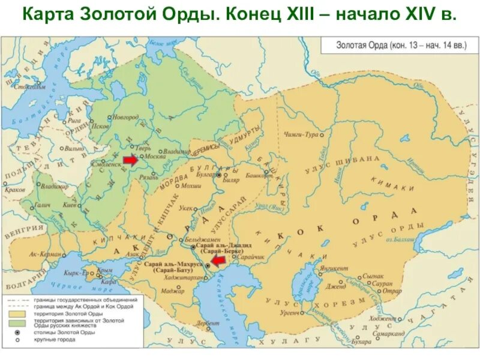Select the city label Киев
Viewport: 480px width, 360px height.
click(x=70, y=205)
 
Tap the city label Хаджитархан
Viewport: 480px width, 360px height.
click(x=179, y=280)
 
